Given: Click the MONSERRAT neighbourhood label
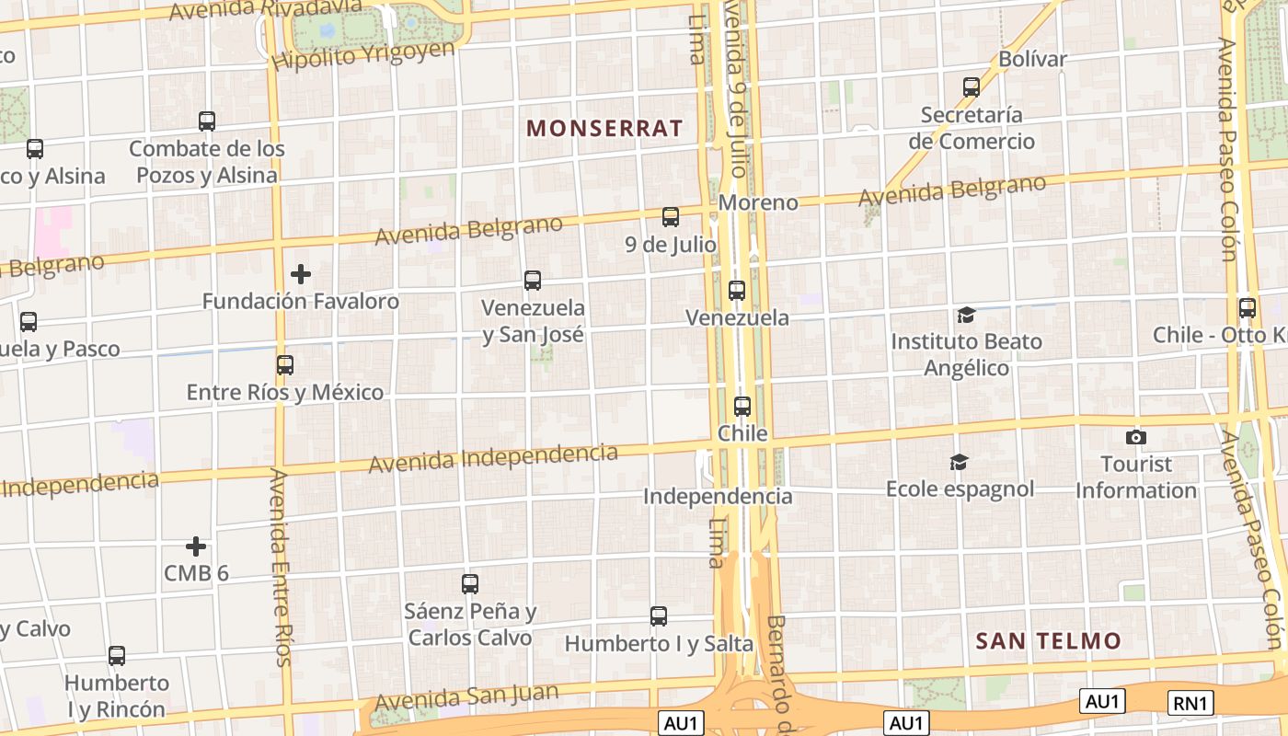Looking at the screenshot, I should coord(604,128).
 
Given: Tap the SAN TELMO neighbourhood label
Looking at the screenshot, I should coord(1048,641).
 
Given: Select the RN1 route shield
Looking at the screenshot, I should coord(1190,704).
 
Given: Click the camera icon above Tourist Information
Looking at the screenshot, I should coord(1136,437).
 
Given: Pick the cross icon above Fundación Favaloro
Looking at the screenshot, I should coord(300,274).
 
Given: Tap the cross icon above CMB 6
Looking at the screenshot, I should coord(196,546).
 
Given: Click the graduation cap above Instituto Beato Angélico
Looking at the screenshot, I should coord(966,316).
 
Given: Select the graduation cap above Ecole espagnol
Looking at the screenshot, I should coord(960,462).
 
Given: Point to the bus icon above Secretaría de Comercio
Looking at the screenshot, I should coord(972,87).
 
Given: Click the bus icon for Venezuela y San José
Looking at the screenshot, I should coord(533,281).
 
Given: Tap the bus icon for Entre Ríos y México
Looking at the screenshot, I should coord(285,365).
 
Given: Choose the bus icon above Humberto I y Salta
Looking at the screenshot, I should coord(659,616).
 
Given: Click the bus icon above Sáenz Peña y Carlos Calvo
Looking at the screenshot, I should coord(470,583).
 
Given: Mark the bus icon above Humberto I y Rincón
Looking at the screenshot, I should coord(117,656).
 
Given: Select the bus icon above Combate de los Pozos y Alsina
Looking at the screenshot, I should coord(207,121).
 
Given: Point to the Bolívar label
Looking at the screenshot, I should coord(1032,60).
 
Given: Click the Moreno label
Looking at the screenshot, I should coord(758,202).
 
